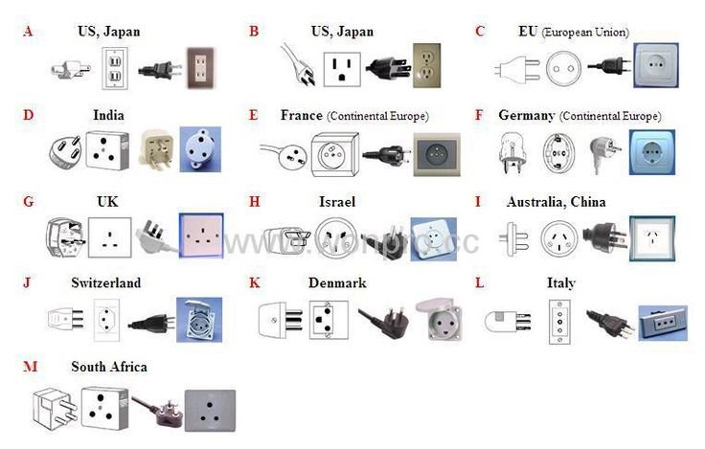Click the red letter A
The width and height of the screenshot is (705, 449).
tap(28, 32)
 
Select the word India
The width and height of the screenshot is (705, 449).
tap(108, 116)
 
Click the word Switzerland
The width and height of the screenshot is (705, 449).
tap(105, 283)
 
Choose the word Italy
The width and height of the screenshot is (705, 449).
tap(561, 283)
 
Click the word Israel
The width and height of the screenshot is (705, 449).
tap(337, 202)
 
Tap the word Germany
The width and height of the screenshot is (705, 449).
tap(526, 116)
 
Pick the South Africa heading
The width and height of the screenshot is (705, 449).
tap(109, 367)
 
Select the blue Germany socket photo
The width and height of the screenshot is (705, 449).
tap(651, 151)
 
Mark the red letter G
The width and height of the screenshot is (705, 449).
tap(28, 202)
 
